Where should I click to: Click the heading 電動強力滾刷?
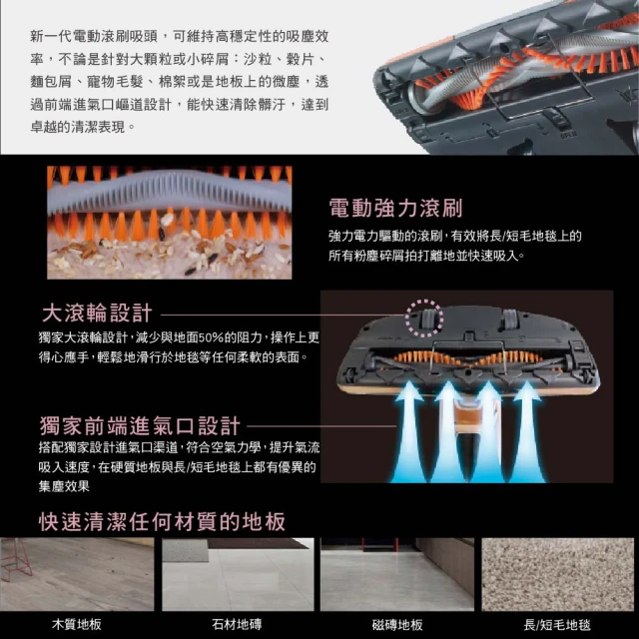(x=395, y=209)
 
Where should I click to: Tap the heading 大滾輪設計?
(x=97, y=313)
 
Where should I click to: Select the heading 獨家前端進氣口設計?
(x=140, y=425)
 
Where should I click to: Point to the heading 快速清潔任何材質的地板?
(x=162, y=521)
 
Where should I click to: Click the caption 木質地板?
(x=77, y=624)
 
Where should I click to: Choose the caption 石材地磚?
(x=237, y=624)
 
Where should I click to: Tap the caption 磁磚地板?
(x=397, y=624)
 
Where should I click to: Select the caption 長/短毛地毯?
(x=557, y=624)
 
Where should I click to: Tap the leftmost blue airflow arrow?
(x=408, y=432)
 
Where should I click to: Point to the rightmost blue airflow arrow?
(x=527, y=432)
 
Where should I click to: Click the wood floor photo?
(x=77, y=574)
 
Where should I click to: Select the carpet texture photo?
(x=558, y=574)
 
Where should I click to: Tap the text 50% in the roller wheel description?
(x=212, y=337)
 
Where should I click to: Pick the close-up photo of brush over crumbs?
(x=170, y=223)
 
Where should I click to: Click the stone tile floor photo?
(x=238, y=574)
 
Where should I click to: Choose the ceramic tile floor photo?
(x=397, y=574)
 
